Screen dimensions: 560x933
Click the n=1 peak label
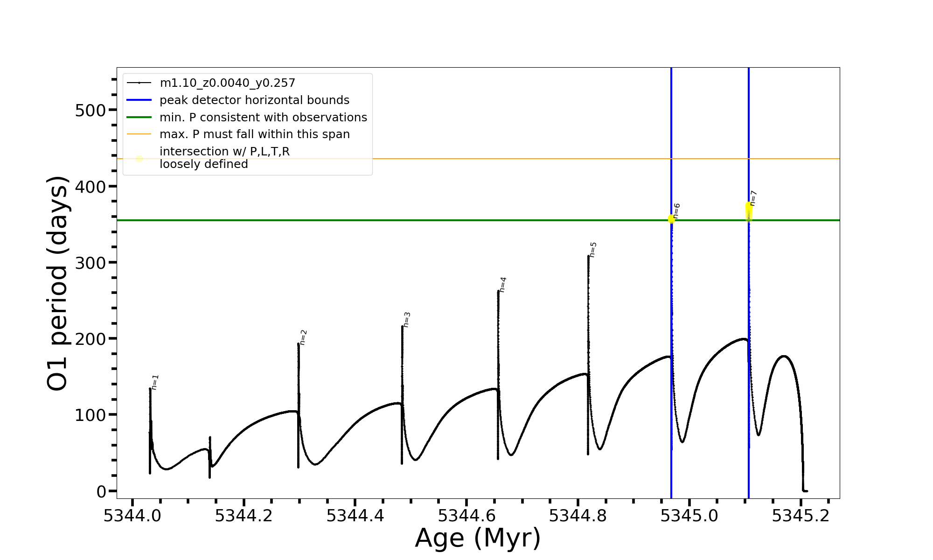coord(155,382)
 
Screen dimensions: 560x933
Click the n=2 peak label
coord(303,337)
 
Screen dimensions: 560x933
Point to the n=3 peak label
coord(407,320)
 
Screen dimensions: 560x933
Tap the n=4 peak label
coord(502,285)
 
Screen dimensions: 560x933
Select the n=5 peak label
coord(593,250)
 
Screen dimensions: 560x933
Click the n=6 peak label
coord(676,210)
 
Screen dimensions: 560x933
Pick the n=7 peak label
coord(753,198)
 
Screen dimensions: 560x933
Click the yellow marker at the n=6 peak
coord(671,219)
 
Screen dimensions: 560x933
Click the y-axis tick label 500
coord(91,111)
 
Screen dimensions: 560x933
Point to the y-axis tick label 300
coord(91,263)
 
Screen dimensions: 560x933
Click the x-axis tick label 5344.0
coord(132,516)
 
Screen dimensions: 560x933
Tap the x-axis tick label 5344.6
coord(466,516)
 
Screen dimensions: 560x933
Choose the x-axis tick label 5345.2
coord(801,516)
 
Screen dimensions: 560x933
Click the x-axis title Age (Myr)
coord(478,538)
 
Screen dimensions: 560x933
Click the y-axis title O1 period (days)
coord(58,283)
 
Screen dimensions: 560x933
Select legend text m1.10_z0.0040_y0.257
coord(227,83)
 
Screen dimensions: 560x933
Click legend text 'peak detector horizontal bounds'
coord(254,100)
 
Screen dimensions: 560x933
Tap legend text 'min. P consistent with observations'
coord(263,118)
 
